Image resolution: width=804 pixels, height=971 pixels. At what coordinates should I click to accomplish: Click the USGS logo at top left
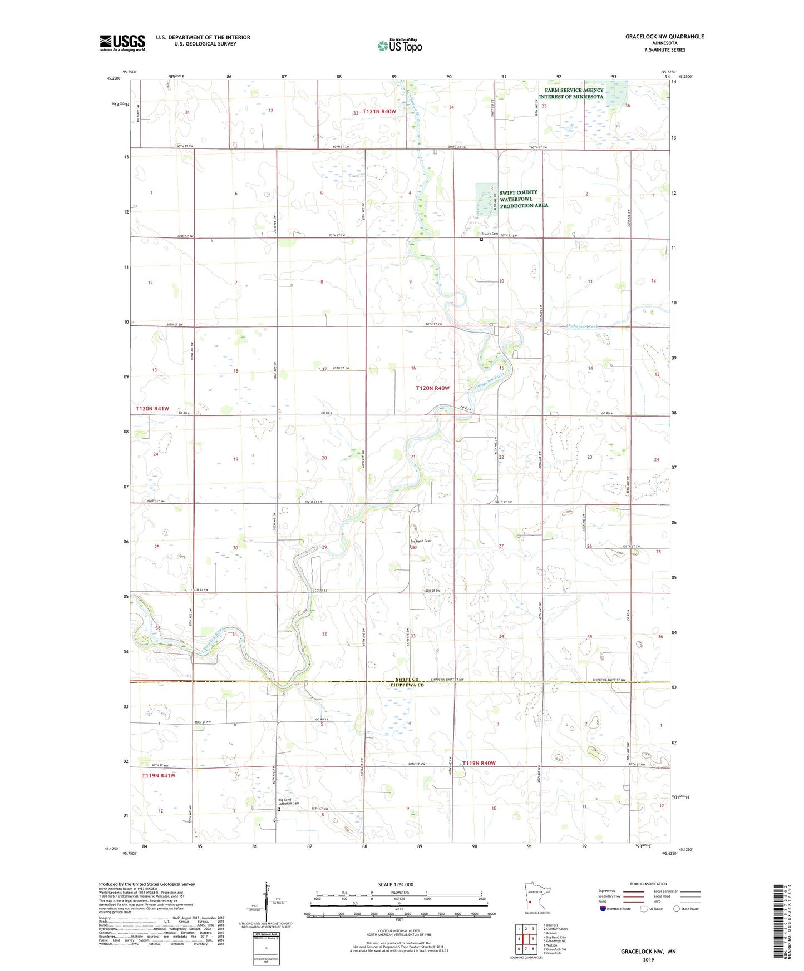pyautogui.click(x=122, y=43)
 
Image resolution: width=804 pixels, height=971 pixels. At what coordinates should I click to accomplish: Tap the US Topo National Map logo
pyautogui.click(x=399, y=45)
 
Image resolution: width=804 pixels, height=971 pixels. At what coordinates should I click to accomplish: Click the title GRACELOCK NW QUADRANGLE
pyautogui.click(x=664, y=37)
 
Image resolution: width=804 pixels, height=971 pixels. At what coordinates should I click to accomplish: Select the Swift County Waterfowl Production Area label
pyautogui.click(x=523, y=199)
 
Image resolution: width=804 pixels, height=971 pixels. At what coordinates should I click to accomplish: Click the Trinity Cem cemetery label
pyautogui.click(x=490, y=234)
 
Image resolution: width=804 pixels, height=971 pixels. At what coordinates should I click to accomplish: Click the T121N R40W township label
pyautogui.click(x=379, y=112)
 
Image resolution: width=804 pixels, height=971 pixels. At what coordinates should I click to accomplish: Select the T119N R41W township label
pyautogui.click(x=159, y=775)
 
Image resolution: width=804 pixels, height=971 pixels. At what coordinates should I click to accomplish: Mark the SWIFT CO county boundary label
pyautogui.click(x=407, y=679)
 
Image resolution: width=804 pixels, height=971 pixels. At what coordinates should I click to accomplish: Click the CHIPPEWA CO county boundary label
pyautogui.click(x=407, y=685)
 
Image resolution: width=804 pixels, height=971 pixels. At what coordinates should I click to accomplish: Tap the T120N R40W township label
pyautogui.click(x=432, y=388)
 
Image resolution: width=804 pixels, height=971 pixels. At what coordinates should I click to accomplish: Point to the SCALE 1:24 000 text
pyautogui.click(x=396, y=884)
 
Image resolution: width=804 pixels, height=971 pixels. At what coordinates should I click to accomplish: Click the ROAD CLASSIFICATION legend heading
pyautogui.click(x=648, y=884)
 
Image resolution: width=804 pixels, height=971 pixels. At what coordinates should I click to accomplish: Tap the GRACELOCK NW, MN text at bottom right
pyautogui.click(x=648, y=952)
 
